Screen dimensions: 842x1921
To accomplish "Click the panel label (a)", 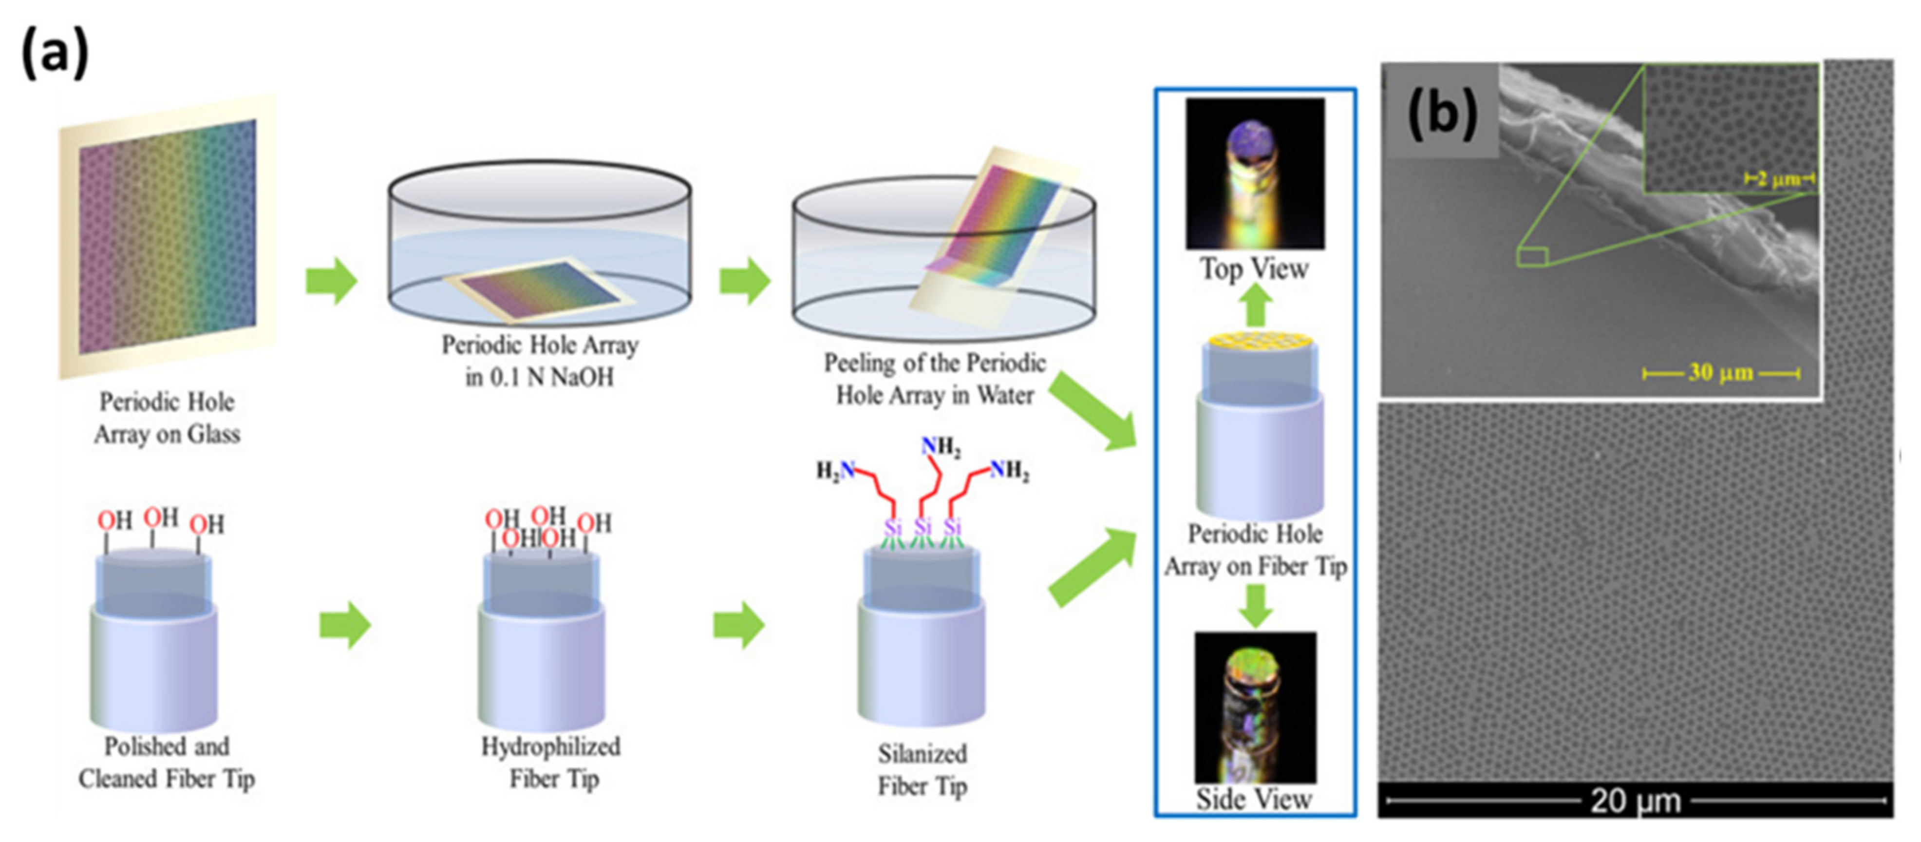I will (55, 52).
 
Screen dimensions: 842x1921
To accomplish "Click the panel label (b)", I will (1442, 113).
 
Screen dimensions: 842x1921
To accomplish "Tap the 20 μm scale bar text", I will (1636, 801).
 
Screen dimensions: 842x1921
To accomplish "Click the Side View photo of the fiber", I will (1255, 706).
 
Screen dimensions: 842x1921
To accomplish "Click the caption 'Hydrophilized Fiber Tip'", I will (551, 762).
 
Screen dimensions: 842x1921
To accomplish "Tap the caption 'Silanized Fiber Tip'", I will (923, 770).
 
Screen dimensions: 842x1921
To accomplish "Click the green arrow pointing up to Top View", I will (1257, 306).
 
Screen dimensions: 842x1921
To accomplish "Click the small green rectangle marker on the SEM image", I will (1532, 257).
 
